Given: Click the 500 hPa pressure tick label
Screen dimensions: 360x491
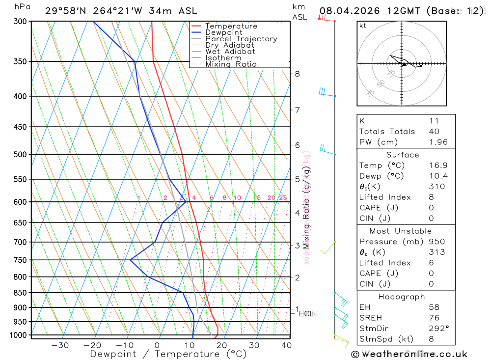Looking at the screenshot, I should pyautogui.click(x=20, y=154).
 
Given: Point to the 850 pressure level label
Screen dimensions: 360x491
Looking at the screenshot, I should pyautogui.click(x=20, y=293).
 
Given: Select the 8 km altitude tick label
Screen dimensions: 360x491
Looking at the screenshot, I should pyautogui.click(x=297, y=74).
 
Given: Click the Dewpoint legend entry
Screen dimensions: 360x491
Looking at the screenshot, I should pyautogui.click(x=224, y=32).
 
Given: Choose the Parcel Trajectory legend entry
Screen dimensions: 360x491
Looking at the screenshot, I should pyautogui.click(x=241, y=39).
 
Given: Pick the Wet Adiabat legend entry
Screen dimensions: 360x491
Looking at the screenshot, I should pyautogui.click(x=230, y=52).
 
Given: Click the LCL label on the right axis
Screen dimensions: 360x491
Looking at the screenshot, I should pyautogui.click(x=306, y=313).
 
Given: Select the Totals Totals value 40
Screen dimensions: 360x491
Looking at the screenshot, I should pyautogui.click(x=434, y=131).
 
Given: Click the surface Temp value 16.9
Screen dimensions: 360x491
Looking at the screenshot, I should pyautogui.click(x=438, y=166).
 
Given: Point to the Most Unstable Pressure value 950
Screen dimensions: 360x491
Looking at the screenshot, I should pyautogui.click(x=436, y=242).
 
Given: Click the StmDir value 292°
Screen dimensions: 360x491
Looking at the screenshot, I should pyautogui.click(x=438, y=329).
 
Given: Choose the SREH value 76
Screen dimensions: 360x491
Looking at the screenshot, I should pyautogui.click(x=434, y=318).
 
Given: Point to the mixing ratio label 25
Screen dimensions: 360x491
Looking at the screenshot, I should pyautogui.click(x=283, y=198).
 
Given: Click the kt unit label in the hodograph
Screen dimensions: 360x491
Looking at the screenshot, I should pyautogui.click(x=363, y=26).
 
